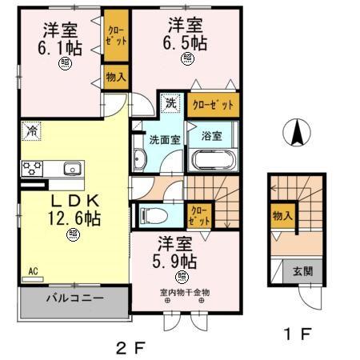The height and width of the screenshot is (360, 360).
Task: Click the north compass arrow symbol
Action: pos(298,132)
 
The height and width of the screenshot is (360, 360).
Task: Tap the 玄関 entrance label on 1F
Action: pos(302,271)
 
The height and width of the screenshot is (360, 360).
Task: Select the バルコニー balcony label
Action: pos(74,298)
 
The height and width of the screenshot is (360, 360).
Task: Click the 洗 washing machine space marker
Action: pos(170,102)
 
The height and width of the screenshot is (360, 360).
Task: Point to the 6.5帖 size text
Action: pos(186,42)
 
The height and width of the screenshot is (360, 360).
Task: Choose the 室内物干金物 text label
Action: pos(183,292)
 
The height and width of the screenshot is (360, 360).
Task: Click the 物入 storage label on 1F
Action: pos(282,214)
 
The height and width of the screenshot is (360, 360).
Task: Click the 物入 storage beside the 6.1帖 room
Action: pos(116,77)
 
